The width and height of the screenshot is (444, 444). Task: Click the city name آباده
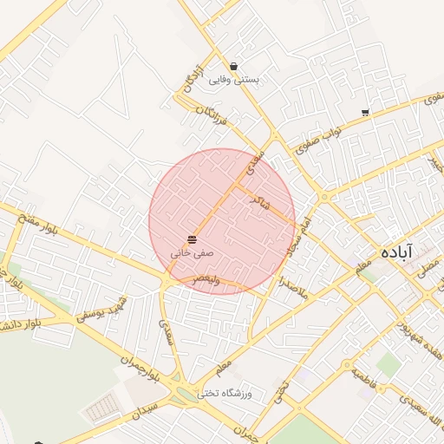pyautogui.click(x=397, y=251)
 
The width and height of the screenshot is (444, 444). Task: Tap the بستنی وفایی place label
pyautogui.click(x=234, y=80)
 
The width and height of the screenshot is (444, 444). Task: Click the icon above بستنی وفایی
pyautogui.click(x=234, y=66)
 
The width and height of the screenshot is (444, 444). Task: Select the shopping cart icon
pyautogui.click(x=366, y=113)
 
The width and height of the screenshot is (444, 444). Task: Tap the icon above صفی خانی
pyautogui.click(x=192, y=238)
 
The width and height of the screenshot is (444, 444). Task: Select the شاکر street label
pyautogui.click(x=259, y=201)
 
